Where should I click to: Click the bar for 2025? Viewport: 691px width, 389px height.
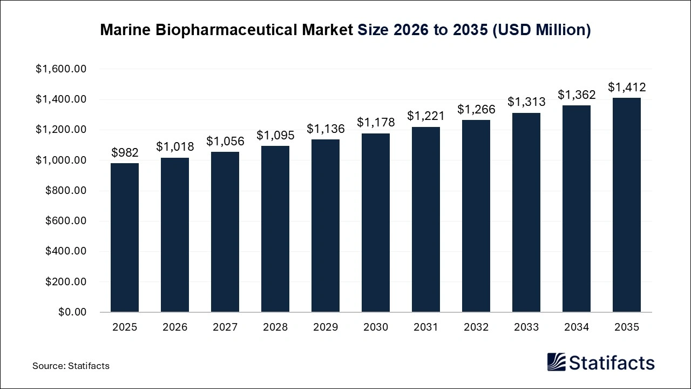(125, 238)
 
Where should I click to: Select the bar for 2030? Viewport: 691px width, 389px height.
(376, 223)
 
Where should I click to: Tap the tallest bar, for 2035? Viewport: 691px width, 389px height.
(627, 205)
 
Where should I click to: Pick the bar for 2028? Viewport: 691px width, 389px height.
(275, 229)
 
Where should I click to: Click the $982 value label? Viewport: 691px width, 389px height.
(125, 153)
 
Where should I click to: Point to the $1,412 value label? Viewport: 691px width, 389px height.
(627, 88)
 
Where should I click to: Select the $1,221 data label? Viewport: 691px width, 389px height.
(426, 116)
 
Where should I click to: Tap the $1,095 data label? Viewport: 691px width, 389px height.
(275, 135)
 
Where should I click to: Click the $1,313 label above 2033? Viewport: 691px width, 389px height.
(526, 102)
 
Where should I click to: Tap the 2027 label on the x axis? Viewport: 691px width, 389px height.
(225, 327)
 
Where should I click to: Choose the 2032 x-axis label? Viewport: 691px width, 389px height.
(476, 327)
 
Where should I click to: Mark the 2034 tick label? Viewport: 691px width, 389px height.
(577, 327)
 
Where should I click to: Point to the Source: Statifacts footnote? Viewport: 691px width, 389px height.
(71, 366)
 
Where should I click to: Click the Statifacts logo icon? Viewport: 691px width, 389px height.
(556, 362)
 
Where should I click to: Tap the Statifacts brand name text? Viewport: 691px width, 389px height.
(612, 363)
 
